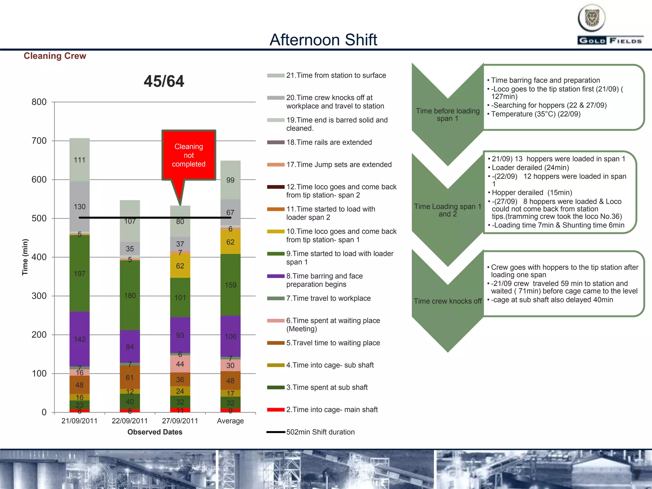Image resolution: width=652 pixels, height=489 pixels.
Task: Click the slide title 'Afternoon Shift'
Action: pos(323,40)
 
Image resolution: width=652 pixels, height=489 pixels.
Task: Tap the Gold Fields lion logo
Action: pos(592,18)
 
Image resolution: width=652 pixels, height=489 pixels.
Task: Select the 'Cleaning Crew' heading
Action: pos(55,56)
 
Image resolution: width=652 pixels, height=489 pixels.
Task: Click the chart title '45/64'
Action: pos(164,81)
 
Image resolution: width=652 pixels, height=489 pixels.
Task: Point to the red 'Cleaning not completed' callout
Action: pos(189,155)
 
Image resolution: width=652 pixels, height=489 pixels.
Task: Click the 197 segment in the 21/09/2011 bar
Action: pos(80,273)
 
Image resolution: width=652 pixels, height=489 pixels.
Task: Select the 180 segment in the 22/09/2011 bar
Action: pos(130,295)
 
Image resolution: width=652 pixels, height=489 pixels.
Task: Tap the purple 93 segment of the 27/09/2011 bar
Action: pos(180,335)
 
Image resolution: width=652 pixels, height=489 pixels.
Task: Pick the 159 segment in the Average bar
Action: pos(230,285)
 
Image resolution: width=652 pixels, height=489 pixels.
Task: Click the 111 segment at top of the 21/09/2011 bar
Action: pos(80,160)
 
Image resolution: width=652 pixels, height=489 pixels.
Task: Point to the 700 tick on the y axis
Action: pos(39,141)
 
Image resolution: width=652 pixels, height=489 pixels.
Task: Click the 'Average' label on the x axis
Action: pos(230,421)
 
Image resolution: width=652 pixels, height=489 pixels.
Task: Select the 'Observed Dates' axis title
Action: pos(155,432)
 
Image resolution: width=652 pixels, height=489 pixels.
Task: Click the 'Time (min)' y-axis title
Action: pos(25,257)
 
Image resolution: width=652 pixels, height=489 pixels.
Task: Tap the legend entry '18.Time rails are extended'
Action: pos(329,142)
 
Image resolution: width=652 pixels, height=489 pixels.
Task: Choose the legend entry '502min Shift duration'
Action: pos(320,432)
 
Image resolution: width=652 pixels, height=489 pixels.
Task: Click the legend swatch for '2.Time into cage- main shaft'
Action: pos(276,410)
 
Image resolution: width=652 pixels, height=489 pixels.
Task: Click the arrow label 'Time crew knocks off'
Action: pos(448,301)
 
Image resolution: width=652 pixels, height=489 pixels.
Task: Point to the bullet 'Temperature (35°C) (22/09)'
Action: pos(535,114)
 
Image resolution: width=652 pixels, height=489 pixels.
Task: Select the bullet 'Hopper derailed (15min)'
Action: pos(532,193)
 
